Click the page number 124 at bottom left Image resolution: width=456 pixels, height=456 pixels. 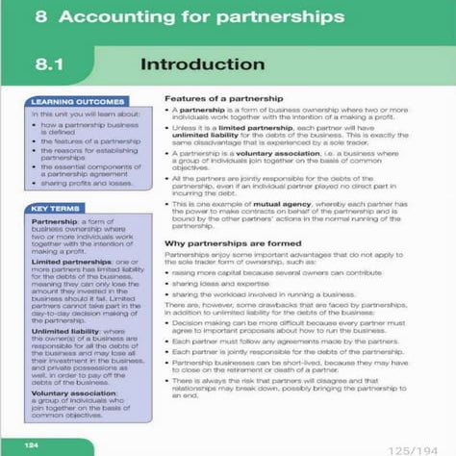33,444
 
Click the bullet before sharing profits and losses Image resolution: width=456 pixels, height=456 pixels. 37,181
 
